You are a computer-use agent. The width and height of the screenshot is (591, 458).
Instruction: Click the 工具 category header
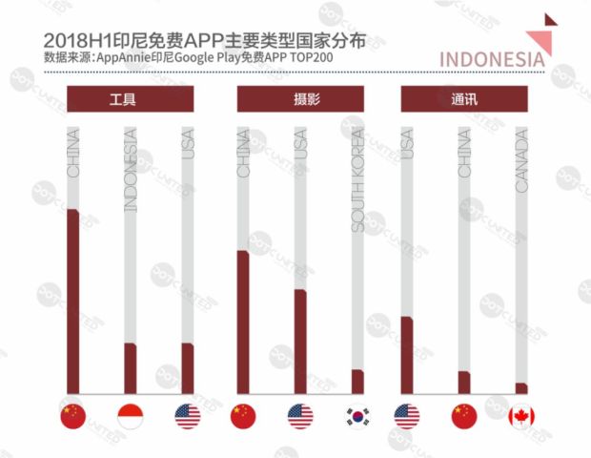click(x=130, y=99)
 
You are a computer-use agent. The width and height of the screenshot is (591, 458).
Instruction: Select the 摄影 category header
click(x=299, y=99)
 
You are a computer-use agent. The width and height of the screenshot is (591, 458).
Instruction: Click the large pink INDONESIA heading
click(x=493, y=57)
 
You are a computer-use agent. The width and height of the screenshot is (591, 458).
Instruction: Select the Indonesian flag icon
click(x=130, y=416)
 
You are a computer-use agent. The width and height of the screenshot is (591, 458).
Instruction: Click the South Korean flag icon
click(x=357, y=416)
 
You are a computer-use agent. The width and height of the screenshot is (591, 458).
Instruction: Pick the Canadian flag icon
click(x=521, y=416)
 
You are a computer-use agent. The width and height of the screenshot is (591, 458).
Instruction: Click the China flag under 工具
click(x=72, y=416)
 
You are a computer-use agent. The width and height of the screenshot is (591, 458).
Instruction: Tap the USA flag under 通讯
click(x=407, y=416)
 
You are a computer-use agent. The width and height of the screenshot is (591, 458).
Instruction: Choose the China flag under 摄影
click(x=243, y=416)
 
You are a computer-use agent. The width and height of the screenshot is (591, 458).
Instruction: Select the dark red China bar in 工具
click(x=73, y=301)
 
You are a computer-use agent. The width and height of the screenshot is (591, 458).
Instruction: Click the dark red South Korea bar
click(x=357, y=381)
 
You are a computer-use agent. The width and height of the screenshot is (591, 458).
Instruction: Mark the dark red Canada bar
click(x=521, y=387)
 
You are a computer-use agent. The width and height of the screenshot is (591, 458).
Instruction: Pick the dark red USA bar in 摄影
click(x=300, y=341)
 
